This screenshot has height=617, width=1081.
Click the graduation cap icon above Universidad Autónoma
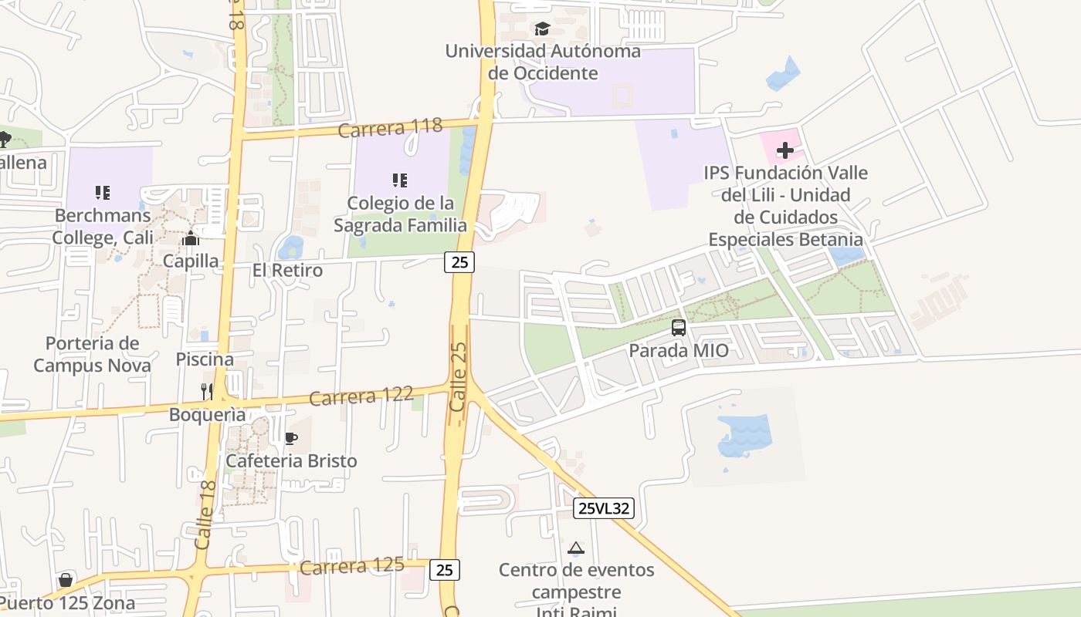coord(542,29)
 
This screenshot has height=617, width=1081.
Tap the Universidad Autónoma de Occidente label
coord(543,62)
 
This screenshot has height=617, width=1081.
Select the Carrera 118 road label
coord(390,127)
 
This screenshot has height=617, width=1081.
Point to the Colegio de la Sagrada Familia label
coord(400,214)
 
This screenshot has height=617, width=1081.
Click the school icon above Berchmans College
coord(102,192)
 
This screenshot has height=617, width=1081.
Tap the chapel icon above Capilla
coord(191,239)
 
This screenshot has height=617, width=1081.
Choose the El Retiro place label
coord(287,271)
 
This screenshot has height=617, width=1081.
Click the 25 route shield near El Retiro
coord(459,262)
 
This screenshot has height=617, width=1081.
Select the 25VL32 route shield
coord(604,508)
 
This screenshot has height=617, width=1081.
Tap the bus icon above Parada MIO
coord(679,328)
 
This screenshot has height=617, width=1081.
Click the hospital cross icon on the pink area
coord(785,150)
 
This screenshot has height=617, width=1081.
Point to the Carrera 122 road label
coord(361,396)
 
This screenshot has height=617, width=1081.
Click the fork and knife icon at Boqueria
coord(207,391)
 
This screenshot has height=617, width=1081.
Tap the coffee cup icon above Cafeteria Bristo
coord(291,439)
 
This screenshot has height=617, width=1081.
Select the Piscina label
coord(205,359)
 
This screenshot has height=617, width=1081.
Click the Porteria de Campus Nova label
coord(92,354)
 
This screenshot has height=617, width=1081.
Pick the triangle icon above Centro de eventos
coord(575,548)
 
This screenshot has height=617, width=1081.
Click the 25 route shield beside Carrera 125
coord(445,570)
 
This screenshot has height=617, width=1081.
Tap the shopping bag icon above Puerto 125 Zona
coord(66,579)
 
